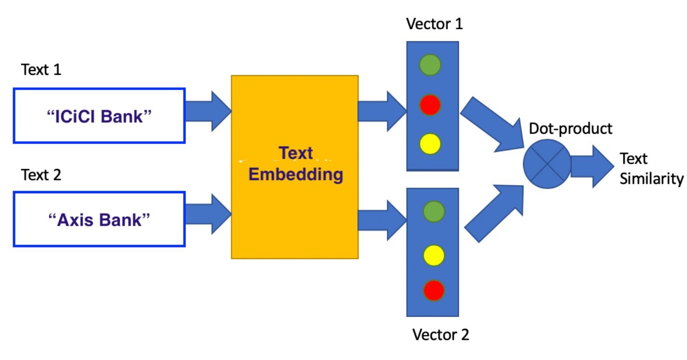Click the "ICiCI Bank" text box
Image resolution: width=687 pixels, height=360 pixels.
[99, 115]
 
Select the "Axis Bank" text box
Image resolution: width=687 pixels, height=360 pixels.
[99, 219]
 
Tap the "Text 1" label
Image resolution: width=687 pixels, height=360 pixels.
[41, 70]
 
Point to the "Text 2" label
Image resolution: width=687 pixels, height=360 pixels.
[41, 175]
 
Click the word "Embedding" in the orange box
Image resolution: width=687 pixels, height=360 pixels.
[296, 175]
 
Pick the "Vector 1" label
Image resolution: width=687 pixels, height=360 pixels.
[435, 24]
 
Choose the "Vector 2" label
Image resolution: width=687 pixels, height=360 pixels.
[440, 334]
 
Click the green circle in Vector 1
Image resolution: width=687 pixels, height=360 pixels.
[430, 65]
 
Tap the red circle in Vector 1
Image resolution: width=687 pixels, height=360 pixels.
[430, 105]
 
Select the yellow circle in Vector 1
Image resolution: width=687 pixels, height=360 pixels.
[430, 144]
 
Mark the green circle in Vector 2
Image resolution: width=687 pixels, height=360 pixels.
[434, 211]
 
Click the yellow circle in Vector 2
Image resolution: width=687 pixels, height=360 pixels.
[434, 255]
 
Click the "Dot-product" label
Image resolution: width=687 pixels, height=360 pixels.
[571, 128]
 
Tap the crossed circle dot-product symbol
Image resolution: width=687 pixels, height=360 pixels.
[547, 164]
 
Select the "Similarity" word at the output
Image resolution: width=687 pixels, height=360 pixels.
[651, 179]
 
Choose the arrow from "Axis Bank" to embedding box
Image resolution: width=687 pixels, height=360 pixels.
[208, 214]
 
